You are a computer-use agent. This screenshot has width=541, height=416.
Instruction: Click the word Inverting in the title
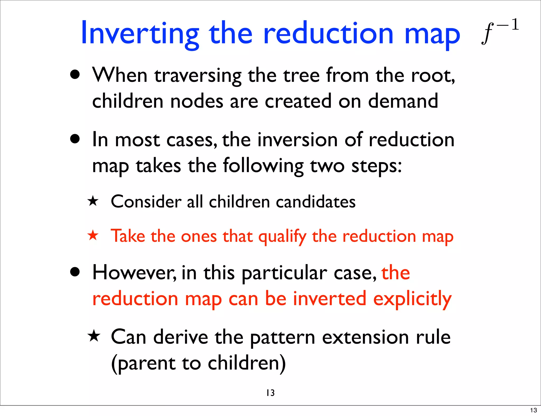click(140, 34)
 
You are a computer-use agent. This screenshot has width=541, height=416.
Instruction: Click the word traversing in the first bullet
click(198, 76)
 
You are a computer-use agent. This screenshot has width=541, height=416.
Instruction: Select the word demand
click(403, 101)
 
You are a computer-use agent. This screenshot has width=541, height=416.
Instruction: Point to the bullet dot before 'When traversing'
click(75, 75)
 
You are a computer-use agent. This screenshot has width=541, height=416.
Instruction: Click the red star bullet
click(93, 235)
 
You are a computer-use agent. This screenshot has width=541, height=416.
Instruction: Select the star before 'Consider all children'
click(93, 201)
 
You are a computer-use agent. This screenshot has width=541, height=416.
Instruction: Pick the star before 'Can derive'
click(94, 337)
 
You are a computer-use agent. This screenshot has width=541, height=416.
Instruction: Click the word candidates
click(316, 202)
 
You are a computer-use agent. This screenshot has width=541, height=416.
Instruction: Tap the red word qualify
click(282, 237)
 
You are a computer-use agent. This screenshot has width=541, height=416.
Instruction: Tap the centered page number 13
click(270, 393)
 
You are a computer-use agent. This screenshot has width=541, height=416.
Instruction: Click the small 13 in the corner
click(533, 410)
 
